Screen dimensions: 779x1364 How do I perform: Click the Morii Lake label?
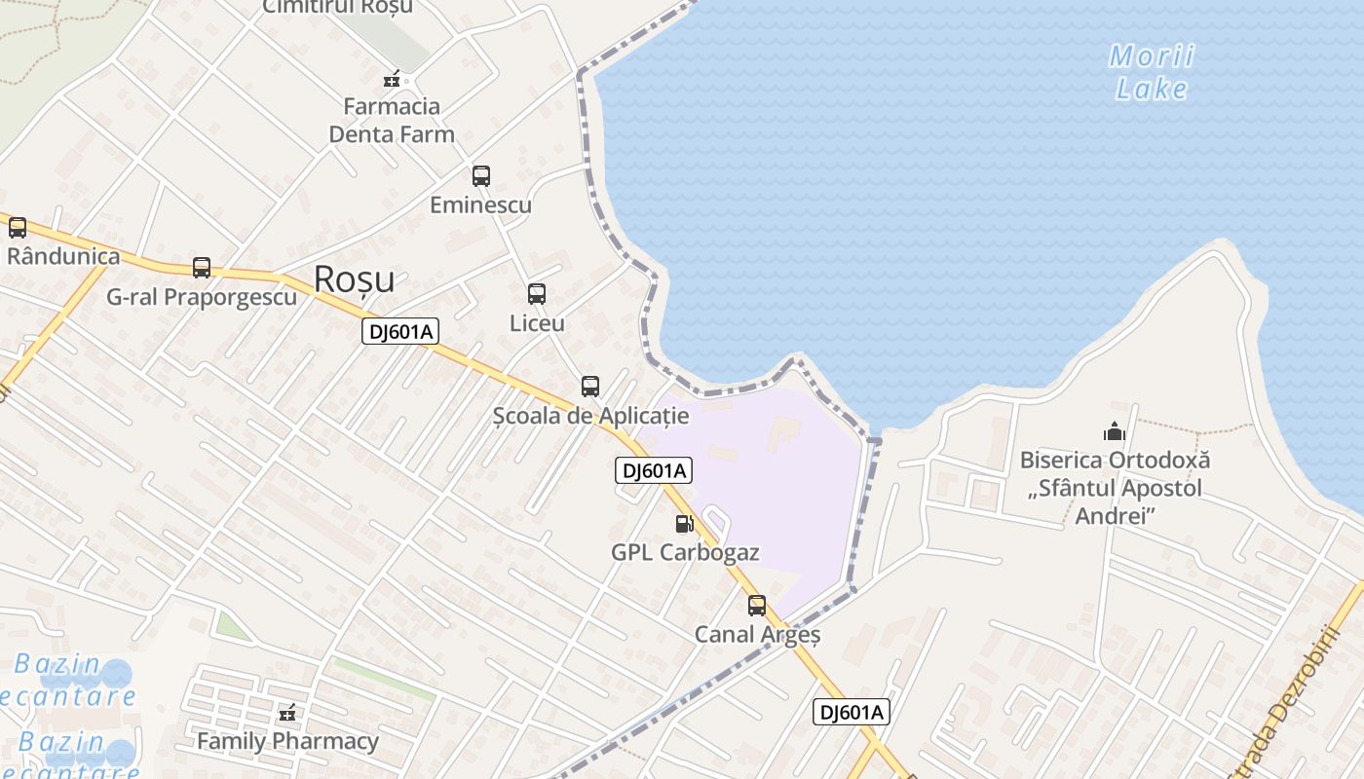(x=1153, y=72)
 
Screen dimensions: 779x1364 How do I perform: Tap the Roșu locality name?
(x=355, y=280)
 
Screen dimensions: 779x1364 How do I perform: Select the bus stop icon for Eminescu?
(x=481, y=176)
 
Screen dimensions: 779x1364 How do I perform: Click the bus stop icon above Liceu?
(x=537, y=294)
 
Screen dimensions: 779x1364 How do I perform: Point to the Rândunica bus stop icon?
(x=18, y=228)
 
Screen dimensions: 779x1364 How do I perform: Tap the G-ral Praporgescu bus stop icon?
(x=202, y=268)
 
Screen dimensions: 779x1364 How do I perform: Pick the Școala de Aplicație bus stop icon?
(x=590, y=387)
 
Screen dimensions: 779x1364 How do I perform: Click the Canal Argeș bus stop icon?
(x=757, y=606)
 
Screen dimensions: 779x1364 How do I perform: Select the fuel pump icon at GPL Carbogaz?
(x=685, y=524)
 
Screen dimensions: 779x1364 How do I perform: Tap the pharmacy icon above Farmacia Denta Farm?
(x=392, y=79)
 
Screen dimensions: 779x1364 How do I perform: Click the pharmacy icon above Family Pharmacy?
(x=287, y=714)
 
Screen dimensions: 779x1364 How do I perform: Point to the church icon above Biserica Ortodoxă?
(x=1115, y=430)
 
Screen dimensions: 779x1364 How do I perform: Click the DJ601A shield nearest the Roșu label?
(x=400, y=331)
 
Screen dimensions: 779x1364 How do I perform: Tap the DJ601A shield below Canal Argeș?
(x=852, y=712)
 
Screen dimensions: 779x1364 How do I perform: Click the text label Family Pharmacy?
(x=287, y=742)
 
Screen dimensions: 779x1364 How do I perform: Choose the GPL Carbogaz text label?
(x=685, y=552)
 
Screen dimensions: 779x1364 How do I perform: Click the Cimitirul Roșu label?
(x=338, y=7)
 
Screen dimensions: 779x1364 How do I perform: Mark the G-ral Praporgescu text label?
(x=202, y=297)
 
